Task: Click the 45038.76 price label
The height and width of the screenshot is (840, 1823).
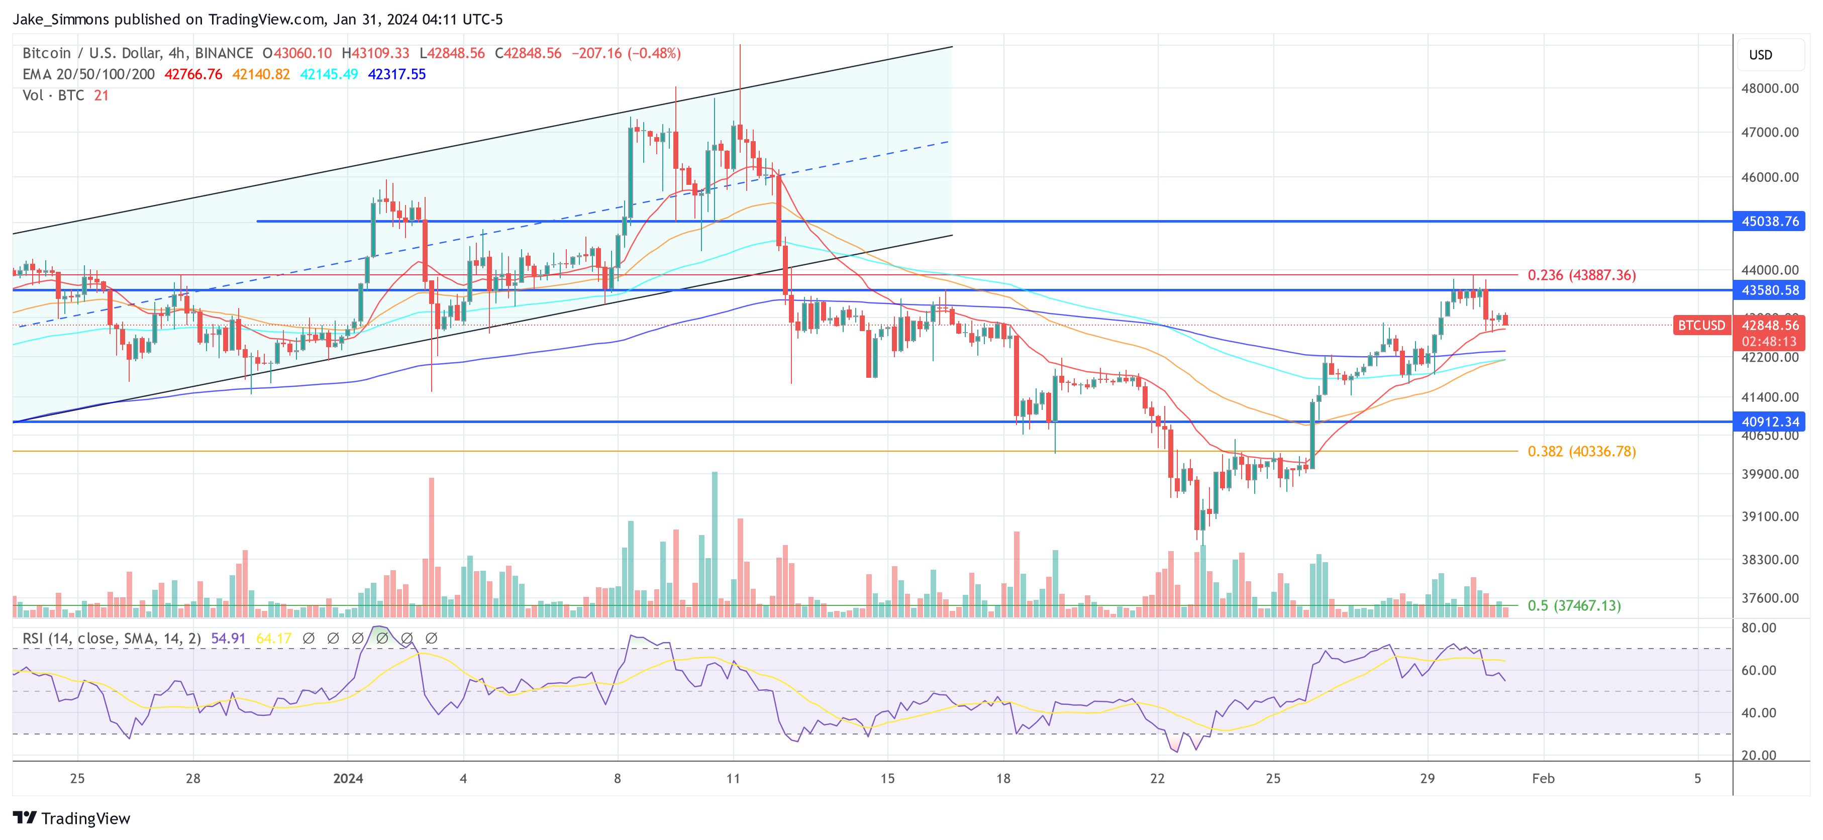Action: coord(1769,222)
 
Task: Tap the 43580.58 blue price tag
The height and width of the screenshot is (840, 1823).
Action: coord(1769,290)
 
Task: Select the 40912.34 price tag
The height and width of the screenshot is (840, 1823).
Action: coord(1769,422)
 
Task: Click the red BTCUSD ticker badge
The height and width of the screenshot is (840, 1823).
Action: coord(1701,326)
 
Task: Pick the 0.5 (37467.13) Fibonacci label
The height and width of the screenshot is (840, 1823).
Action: coord(1573,606)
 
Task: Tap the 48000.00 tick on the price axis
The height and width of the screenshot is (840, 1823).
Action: coord(1769,88)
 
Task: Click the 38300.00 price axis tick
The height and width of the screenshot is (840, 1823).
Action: coord(1769,560)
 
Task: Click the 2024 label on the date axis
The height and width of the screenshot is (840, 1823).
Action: coord(348,778)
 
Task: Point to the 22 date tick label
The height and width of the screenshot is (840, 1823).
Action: coord(1157,778)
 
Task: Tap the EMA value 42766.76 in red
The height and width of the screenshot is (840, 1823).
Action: coord(193,74)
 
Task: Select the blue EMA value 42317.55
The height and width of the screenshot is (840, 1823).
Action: coord(396,74)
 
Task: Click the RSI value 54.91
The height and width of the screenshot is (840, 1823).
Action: coord(228,639)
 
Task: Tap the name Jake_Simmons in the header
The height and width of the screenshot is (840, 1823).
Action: coord(61,19)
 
